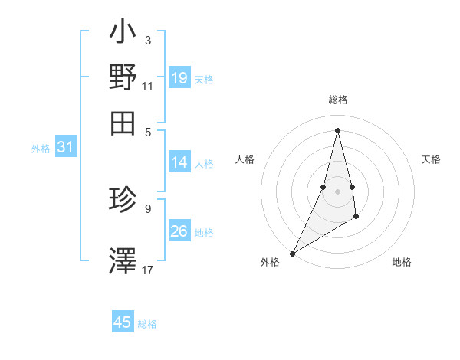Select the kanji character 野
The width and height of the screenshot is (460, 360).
tap(123, 77)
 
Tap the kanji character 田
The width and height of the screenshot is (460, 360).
tap(123, 121)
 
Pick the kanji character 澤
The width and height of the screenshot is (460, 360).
tap(123, 258)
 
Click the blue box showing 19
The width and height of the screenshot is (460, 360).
tap(179, 77)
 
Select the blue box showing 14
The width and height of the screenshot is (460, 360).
tap(179, 162)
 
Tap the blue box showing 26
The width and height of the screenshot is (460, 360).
tap(179, 231)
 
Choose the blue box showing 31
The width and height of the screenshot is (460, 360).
tap(65, 148)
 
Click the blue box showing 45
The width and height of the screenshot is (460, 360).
tap(123, 322)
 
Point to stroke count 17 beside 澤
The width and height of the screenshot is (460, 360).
tap(148, 270)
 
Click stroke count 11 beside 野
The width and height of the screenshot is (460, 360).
tap(148, 87)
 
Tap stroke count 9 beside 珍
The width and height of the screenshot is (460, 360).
tap(148, 207)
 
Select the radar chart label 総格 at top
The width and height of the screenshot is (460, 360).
tap(338, 100)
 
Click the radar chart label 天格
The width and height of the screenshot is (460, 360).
tap(432, 159)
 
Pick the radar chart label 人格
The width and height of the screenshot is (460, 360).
tap(245, 159)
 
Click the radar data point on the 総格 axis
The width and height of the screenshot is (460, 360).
tap(338, 129)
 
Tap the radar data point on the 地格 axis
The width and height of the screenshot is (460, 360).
tap(357, 218)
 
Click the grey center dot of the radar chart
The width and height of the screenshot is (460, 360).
tap(338, 191)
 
